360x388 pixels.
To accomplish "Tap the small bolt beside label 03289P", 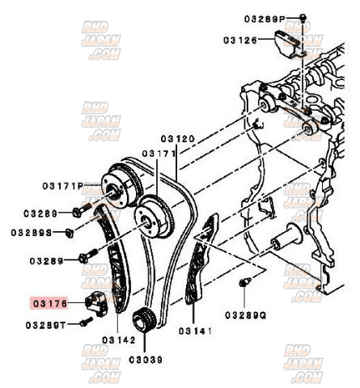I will pyautogui.click(x=302, y=16).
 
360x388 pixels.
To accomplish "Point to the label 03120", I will pyautogui.click(x=177, y=139).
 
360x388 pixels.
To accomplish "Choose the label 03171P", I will pyautogui.click(x=64, y=185).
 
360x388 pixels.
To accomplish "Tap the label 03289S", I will pyautogui.click(x=32, y=233).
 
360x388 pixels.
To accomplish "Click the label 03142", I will pyautogui.click(x=120, y=341).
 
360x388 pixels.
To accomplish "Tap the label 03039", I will pyautogui.click(x=144, y=358).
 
